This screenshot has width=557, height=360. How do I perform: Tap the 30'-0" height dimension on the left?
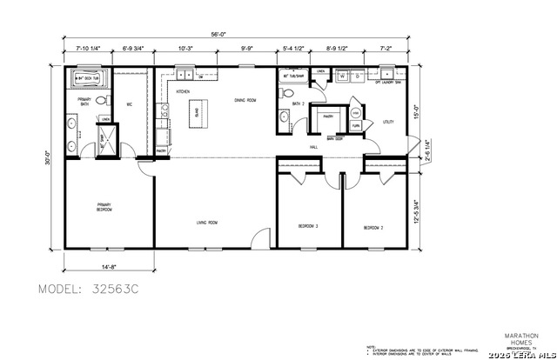pyautogui.click(x=50, y=159)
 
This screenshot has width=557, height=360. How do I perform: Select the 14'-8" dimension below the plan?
pyautogui.click(x=110, y=266)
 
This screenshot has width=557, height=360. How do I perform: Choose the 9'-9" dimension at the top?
pyautogui.click(x=247, y=50)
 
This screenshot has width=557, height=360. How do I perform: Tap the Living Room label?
pyautogui.click(x=206, y=223)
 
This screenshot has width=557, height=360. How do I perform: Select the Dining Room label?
pyautogui.click(x=245, y=100)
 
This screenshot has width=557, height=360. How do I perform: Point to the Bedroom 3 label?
pyautogui.click(x=308, y=226)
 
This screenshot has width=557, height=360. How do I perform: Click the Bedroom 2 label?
pyautogui.click(x=374, y=228)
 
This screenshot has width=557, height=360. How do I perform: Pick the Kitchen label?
pyautogui.click(x=184, y=91)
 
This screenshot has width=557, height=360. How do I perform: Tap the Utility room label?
pyautogui.click(x=388, y=123)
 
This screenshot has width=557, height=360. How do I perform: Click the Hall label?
pyautogui.click(x=315, y=148)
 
